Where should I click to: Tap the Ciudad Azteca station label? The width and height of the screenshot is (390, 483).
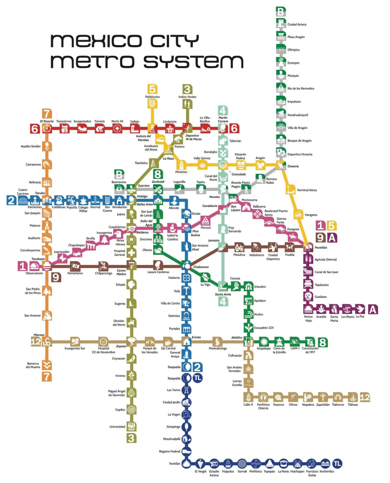tap(297, 24)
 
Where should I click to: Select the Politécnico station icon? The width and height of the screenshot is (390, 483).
tap(152, 104)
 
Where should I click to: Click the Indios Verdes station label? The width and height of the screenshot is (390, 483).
tap(187, 97)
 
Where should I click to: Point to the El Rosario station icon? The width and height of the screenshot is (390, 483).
tap(47, 128)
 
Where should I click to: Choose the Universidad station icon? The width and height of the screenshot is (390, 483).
tap(131, 427)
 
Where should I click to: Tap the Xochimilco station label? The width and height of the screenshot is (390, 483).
tap(327, 471)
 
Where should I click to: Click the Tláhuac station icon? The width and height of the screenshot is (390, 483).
tap(352, 397)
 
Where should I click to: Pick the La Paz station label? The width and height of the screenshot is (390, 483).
tap(360, 317)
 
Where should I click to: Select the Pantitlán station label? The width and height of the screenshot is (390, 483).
tap(321, 248)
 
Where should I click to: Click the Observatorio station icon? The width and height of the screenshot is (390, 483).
tap(34, 266)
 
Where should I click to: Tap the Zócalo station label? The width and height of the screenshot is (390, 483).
tap(196, 214)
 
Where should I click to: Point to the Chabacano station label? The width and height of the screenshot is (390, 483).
tap(201, 267)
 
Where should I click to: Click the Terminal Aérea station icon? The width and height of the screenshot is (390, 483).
tap(290, 190)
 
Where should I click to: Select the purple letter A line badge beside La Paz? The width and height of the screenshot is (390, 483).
tap(373, 309)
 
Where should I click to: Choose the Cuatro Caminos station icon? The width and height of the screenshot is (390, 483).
tap(23, 200)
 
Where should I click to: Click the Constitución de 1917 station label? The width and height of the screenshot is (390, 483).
tap(310, 350)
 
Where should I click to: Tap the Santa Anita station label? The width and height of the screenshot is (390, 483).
tap(223, 294)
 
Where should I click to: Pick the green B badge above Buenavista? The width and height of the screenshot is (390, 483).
tap(119, 174)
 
